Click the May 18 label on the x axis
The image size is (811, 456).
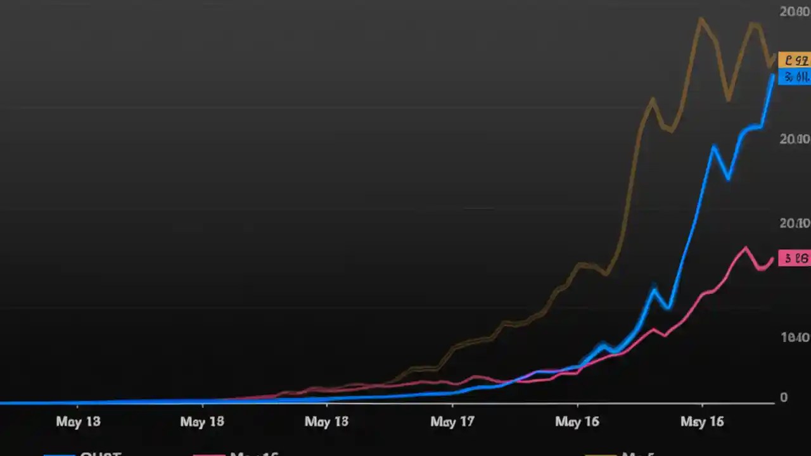coord(202,421)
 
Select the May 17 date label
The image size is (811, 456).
coord(452,421)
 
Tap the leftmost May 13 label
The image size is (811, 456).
coord(78,421)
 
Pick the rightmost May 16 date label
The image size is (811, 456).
coord(702,421)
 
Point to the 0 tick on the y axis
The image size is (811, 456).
coord(784,398)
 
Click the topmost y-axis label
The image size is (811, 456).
coord(794,11)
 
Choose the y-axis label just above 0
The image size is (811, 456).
coord(795,338)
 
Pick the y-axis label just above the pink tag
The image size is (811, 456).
coord(795,223)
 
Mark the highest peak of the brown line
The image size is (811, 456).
coord(700,18)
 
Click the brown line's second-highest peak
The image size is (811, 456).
coord(753,24)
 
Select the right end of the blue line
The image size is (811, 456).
coord(773,75)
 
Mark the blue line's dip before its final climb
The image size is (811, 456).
coord(729,179)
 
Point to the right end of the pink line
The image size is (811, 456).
coord(772,258)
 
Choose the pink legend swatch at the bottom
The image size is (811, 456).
coord(209,454)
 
